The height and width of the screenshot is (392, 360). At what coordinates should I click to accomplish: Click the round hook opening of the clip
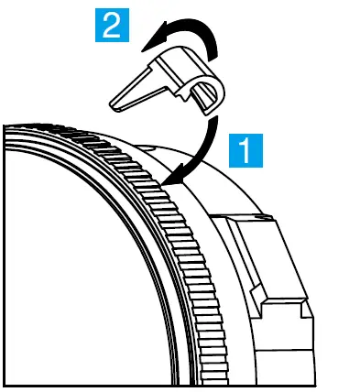205,92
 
